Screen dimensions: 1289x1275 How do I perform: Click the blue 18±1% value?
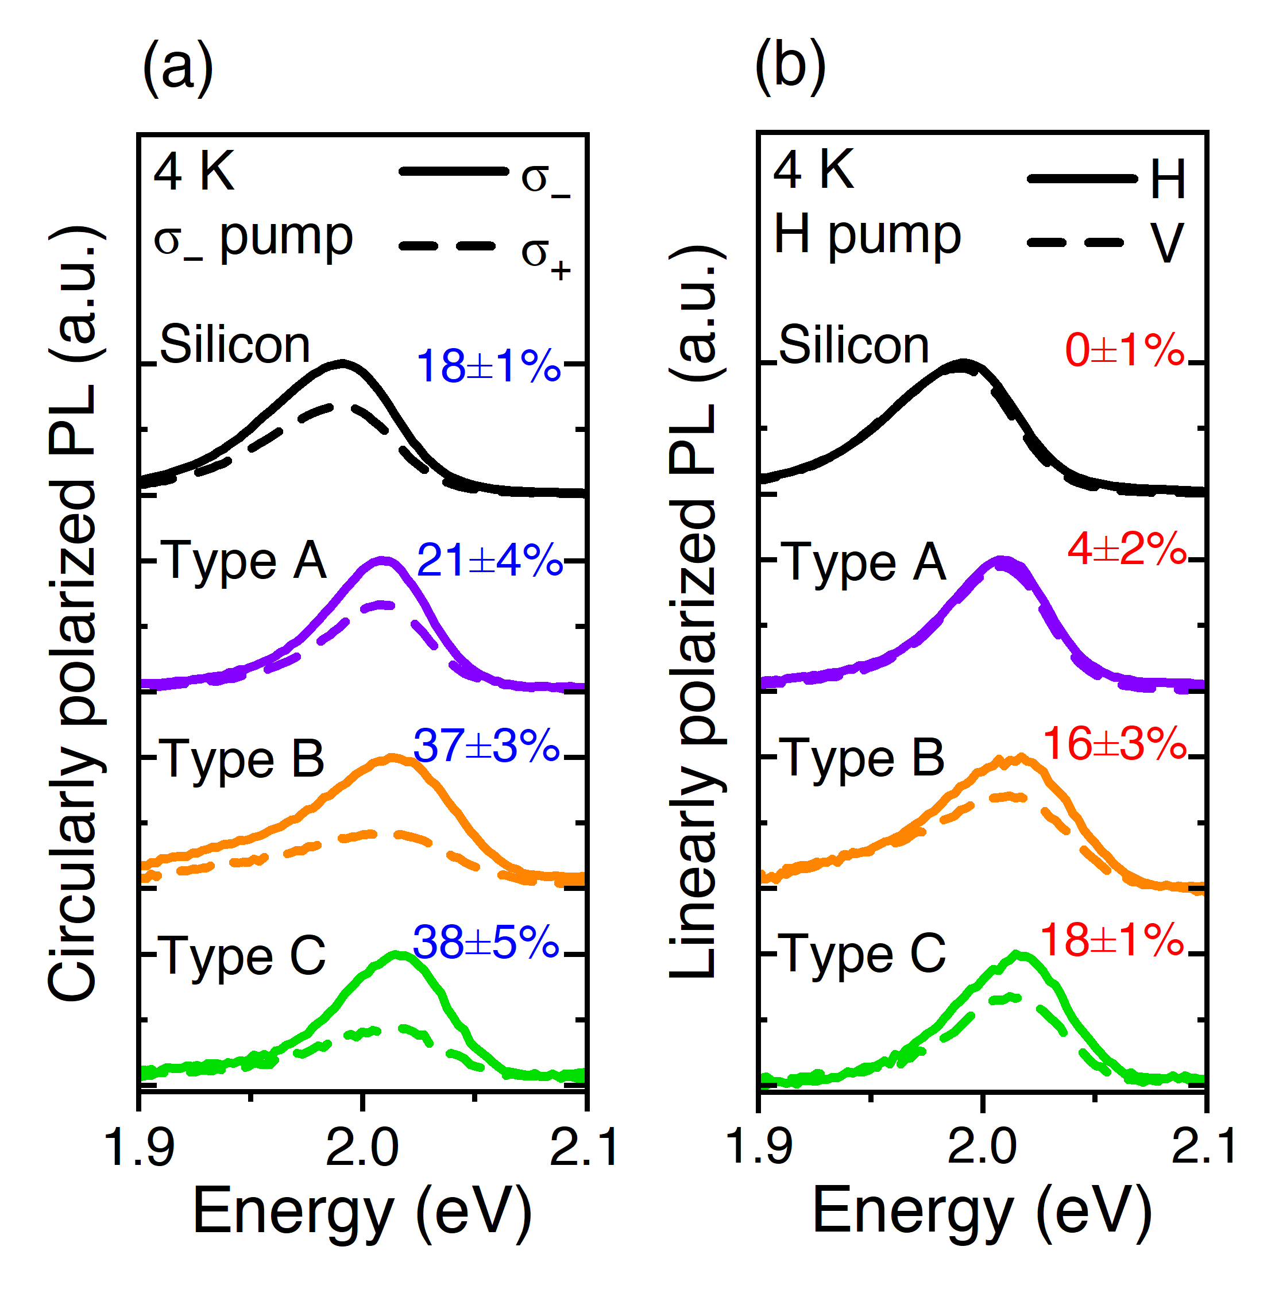coord(488,366)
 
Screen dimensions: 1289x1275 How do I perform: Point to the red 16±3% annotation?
coord(1115,743)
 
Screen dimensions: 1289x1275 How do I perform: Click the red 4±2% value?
coord(1126,549)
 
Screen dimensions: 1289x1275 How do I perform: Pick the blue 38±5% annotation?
coord(486,942)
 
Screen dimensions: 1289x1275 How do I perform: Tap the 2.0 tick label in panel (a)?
coord(362,1148)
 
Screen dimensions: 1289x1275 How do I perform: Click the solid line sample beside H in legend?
coord(1081,179)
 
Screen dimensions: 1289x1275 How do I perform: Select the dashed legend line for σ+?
coord(447,246)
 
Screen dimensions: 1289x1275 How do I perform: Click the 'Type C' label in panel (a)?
coord(244,955)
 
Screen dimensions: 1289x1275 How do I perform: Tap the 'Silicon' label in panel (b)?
coord(853,346)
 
